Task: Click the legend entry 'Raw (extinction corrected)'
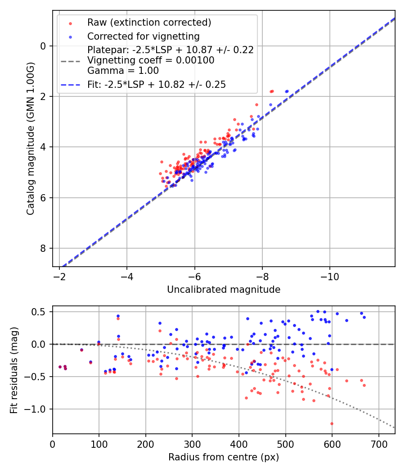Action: coord(149,23)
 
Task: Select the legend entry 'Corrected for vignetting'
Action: coord(144,36)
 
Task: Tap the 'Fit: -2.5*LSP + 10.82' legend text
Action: coord(157,84)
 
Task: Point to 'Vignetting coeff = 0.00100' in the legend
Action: coord(151,60)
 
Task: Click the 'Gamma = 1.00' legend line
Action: coord(123,71)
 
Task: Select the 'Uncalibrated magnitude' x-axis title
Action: coord(224,290)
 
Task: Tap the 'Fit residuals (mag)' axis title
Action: coord(13,370)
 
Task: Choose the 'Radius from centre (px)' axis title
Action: coord(224,457)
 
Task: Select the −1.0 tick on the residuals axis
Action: coord(38,409)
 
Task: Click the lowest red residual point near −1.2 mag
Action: coord(332,423)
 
